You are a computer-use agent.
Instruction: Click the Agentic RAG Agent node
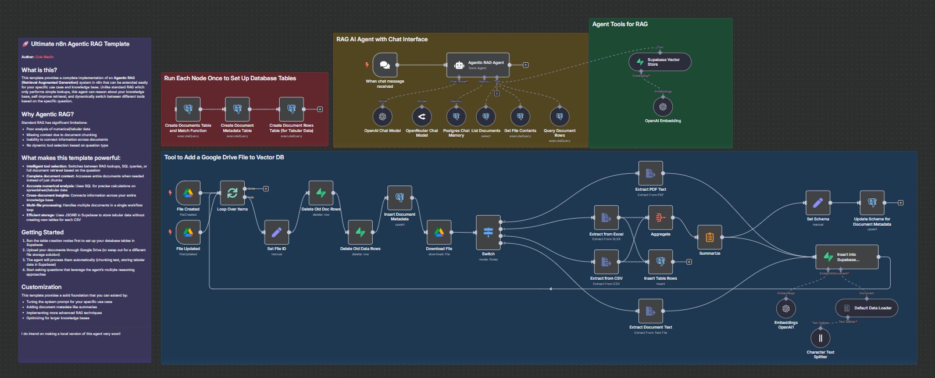point(478,65)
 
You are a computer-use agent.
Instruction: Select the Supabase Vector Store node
point(659,62)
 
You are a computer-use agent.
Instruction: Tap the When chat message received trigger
point(384,65)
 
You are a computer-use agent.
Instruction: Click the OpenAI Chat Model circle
point(383,116)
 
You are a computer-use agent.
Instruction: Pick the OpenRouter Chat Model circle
point(422,116)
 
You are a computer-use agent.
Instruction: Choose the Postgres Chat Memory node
point(456,116)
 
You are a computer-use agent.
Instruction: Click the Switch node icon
point(488,232)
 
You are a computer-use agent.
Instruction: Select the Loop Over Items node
point(232,192)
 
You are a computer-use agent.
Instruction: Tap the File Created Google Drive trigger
point(188,192)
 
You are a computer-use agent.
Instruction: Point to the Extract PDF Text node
point(650,173)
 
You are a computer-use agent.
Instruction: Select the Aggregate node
point(660,217)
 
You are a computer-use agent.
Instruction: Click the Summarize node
point(709,237)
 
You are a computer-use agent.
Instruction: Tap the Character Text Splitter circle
point(820,338)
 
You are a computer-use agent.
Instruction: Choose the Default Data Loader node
point(866,308)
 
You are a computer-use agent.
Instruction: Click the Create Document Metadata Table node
point(237,109)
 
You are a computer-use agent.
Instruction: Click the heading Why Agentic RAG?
point(48,114)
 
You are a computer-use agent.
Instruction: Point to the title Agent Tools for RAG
point(620,24)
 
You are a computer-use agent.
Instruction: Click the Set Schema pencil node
point(818,203)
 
